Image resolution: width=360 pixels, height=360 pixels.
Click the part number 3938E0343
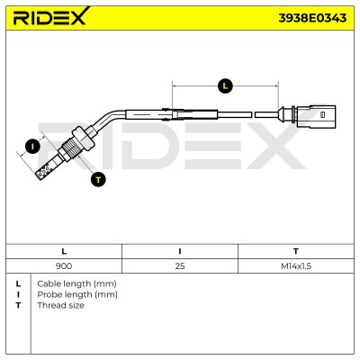click(x=312, y=18)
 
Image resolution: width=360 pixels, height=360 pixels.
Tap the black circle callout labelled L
click(x=225, y=86)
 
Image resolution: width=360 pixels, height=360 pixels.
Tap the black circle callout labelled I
click(x=32, y=147)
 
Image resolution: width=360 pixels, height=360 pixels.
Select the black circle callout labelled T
click(x=98, y=179)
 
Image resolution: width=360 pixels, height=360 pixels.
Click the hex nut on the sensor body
click(x=83, y=139)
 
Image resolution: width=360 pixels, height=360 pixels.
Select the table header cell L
click(x=64, y=251)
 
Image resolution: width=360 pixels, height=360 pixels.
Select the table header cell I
click(x=180, y=251)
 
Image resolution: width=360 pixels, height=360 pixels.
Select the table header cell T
click(x=296, y=251)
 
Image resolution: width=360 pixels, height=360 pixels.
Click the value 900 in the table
click(x=64, y=265)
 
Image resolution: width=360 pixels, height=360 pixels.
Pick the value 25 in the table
click(x=180, y=265)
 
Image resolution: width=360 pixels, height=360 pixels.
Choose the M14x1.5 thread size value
click(x=296, y=265)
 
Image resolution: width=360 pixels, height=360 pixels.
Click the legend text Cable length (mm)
click(x=76, y=283)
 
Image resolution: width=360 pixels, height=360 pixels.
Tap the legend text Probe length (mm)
click(x=77, y=294)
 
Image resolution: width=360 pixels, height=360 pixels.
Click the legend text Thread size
click(x=60, y=305)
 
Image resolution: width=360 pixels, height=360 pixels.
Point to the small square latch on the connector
click(x=323, y=114)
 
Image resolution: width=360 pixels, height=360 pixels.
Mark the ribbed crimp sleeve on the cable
click(x=197, y=114)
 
